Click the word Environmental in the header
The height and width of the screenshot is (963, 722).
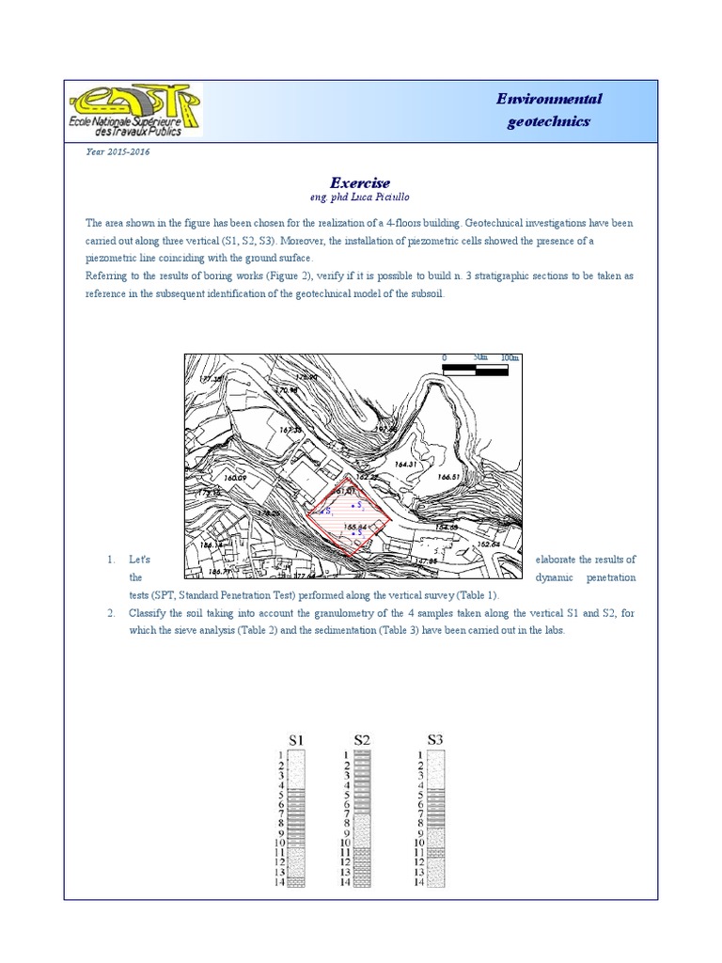549,100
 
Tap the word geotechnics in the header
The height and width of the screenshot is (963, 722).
549,121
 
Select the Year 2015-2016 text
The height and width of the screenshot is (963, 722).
118,151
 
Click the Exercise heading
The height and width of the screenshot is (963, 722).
359,182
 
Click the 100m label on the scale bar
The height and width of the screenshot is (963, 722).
510,358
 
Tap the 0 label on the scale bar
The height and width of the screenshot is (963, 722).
444,358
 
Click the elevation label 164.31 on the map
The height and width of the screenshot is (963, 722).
406,465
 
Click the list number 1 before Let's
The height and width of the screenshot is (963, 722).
110,560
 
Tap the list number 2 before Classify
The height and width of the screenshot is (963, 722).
110,613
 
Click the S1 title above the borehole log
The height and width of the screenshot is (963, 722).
295,739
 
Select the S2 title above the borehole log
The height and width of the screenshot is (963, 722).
363,739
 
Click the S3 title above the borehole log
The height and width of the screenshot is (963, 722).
433,739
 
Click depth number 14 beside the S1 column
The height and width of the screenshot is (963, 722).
279,882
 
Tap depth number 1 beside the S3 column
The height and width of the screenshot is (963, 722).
419,754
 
